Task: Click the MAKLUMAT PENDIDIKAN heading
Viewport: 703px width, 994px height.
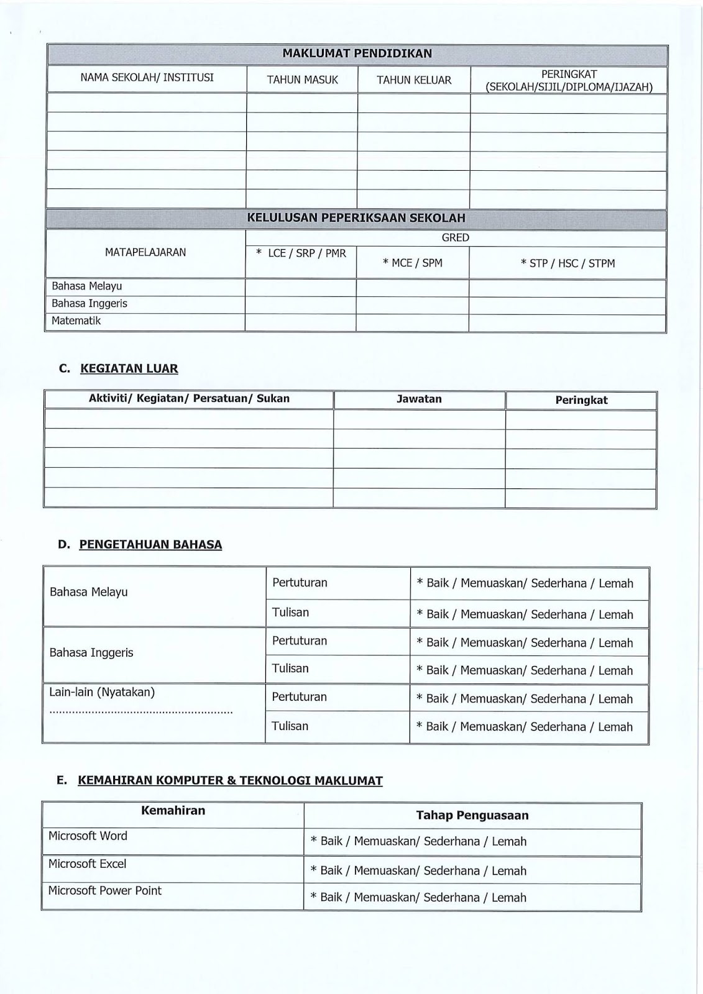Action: (x=357, y=54)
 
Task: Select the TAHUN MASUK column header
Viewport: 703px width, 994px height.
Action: (x=302, y=80)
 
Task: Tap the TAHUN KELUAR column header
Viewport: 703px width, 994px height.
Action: (x=414, y=80)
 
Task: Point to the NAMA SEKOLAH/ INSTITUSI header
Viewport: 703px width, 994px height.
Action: (x=147, y=78)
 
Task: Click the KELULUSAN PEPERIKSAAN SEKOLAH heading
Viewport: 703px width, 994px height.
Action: (x=356, y=218)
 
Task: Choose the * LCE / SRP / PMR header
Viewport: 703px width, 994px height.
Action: (x=301, y=253)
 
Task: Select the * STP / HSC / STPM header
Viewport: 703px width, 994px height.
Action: (x=567, y=263)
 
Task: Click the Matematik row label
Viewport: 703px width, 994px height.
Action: (x=76, y=321)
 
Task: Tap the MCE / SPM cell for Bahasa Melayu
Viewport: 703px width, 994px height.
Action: (x=412, y=286)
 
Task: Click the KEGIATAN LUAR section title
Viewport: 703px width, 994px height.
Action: (x=129, y=368)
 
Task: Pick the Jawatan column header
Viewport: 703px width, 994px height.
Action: (x=419, y=399)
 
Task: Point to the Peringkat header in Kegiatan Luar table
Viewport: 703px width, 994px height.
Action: (x=581, y=401)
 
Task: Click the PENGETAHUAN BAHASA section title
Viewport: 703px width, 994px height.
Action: (x=150, y=545)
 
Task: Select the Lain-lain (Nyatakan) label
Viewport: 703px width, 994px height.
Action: (x=102, y=692)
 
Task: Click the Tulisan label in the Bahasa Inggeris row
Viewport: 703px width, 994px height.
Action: (x=290, y=668)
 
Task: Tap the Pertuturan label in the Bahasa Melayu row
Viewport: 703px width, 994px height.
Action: (x=300, y=583)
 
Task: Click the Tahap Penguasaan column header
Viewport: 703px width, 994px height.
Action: (x=472, y=816)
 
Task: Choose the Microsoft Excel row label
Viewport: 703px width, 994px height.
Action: (x=87, y=864)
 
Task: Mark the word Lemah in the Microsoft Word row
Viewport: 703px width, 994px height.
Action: (x=509, y=842)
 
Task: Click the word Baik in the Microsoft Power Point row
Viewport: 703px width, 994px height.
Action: (x=331, y=898)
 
